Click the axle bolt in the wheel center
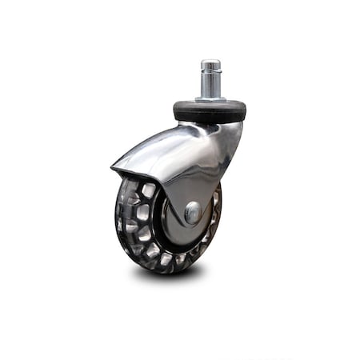tap(193, 213)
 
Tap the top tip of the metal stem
tap(210, 62)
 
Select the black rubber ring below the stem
tap(209, 111)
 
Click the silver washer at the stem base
tap(210, 99)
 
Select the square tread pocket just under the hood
tap(149, 190)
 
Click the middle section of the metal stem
tap(210, 84)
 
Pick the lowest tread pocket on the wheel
tap(165, 261)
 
